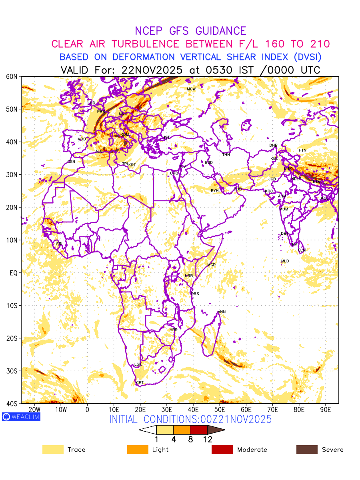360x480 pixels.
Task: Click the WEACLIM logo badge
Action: coord(21,417)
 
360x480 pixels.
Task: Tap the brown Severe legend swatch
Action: coord(307,450)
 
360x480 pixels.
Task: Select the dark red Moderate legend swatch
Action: coord(222,450)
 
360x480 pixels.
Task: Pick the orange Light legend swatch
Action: coord(137,450)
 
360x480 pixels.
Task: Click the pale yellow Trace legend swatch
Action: coord(53,450)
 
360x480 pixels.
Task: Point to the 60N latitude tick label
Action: coord(12,76)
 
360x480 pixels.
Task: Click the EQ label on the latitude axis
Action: coord(13,273)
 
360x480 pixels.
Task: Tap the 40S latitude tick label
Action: coord(12,404)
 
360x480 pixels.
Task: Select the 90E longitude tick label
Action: coord(326,410)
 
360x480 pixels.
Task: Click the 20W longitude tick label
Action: coord(34,410)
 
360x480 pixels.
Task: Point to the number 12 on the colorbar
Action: coord(207,440)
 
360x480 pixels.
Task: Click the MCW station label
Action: coord(191,89)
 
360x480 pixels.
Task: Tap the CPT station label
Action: coord(140,383)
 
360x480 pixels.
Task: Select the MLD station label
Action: coord(285,261)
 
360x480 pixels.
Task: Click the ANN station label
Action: coord(222,312)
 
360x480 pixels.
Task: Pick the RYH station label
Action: coord(215,191)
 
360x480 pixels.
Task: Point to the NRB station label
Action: coord(188,276)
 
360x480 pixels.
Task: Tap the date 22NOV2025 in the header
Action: coord(152,70)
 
